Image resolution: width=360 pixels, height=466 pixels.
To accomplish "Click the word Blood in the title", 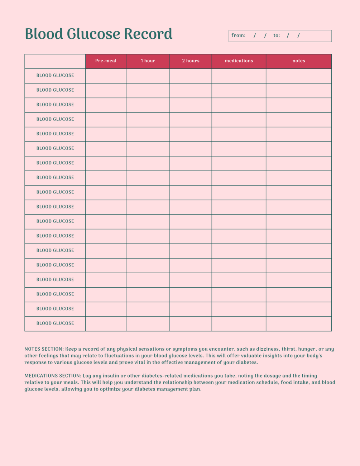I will click(x=44, y=34).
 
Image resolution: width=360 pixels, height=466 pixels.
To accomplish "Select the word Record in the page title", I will click(x=148, y=34).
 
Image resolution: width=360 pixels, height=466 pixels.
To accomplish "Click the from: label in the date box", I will click(x=238, y=35).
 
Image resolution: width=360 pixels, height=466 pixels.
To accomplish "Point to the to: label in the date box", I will click(x=277, y=35).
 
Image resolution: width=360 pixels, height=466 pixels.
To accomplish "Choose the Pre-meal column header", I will click(x=106, y=61).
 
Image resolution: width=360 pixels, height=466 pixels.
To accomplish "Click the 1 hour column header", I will click(x=148, y=61).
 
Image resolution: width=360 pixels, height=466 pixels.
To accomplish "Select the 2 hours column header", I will click(x=191, y=61).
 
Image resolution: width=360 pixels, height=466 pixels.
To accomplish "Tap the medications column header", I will click(x=239, y=61).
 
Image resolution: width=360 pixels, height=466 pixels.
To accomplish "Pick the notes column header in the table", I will click(x=298, y=61).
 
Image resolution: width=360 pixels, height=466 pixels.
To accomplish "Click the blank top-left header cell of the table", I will click(x=55, y=61).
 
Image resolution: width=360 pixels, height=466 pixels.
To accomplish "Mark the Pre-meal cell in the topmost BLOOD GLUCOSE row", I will click(x=106, y=76).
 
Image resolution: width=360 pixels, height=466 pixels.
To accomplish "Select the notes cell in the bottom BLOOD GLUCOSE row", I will click(x=298, y=324).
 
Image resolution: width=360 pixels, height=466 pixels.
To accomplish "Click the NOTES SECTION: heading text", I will click(x=44, y=349).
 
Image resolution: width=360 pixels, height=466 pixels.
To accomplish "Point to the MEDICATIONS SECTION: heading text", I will click(x=53, y=376).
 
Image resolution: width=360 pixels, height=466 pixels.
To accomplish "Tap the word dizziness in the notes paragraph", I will click(x=267, y=349).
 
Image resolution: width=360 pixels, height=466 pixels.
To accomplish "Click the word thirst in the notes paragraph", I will click(x=289, y=349).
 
